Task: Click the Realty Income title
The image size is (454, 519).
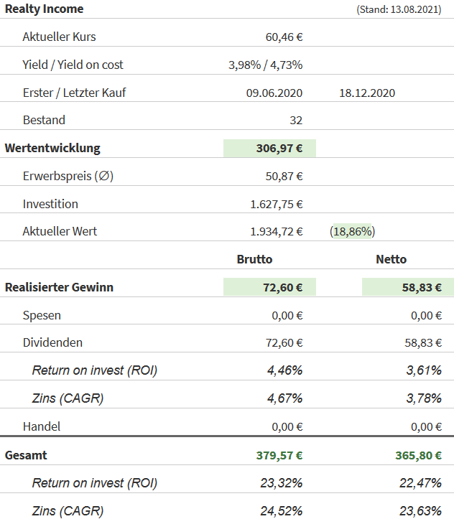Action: click(x=45, y=9)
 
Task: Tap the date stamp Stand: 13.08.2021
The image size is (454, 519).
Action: click(x=399, y=9)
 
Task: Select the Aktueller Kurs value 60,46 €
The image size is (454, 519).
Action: click(x=284, y=37)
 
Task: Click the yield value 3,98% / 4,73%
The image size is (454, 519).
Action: click(x=265, y=65)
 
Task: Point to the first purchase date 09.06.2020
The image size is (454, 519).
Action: click(x=274, y=93)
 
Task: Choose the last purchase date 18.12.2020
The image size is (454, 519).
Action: click(x=367, y=93)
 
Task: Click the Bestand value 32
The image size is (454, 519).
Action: click(x=295, y=121)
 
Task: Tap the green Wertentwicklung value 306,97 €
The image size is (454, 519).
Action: click(x=279, y=149)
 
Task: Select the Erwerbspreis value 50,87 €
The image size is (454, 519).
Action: click(x=284, y=177)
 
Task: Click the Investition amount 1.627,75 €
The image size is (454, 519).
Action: click(x=277, y=205)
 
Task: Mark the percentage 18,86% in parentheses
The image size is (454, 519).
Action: click(x=353, y=232)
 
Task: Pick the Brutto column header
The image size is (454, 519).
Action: click(x=255, y=260)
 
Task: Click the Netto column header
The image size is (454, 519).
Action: click(x=392, y=260)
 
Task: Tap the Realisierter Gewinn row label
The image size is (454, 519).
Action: click(x=60, y=287)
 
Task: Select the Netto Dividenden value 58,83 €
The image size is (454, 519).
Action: click(x=423, y=343)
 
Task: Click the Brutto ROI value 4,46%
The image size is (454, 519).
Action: click(x=284, y=371)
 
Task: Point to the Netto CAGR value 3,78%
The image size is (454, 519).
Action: click(x=423, y=398)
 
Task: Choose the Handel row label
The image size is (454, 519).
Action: click(x=42, y=426)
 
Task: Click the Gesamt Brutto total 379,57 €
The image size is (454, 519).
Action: click(x=279, y=455)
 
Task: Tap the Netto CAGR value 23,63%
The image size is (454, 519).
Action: click(x=420, y=511)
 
